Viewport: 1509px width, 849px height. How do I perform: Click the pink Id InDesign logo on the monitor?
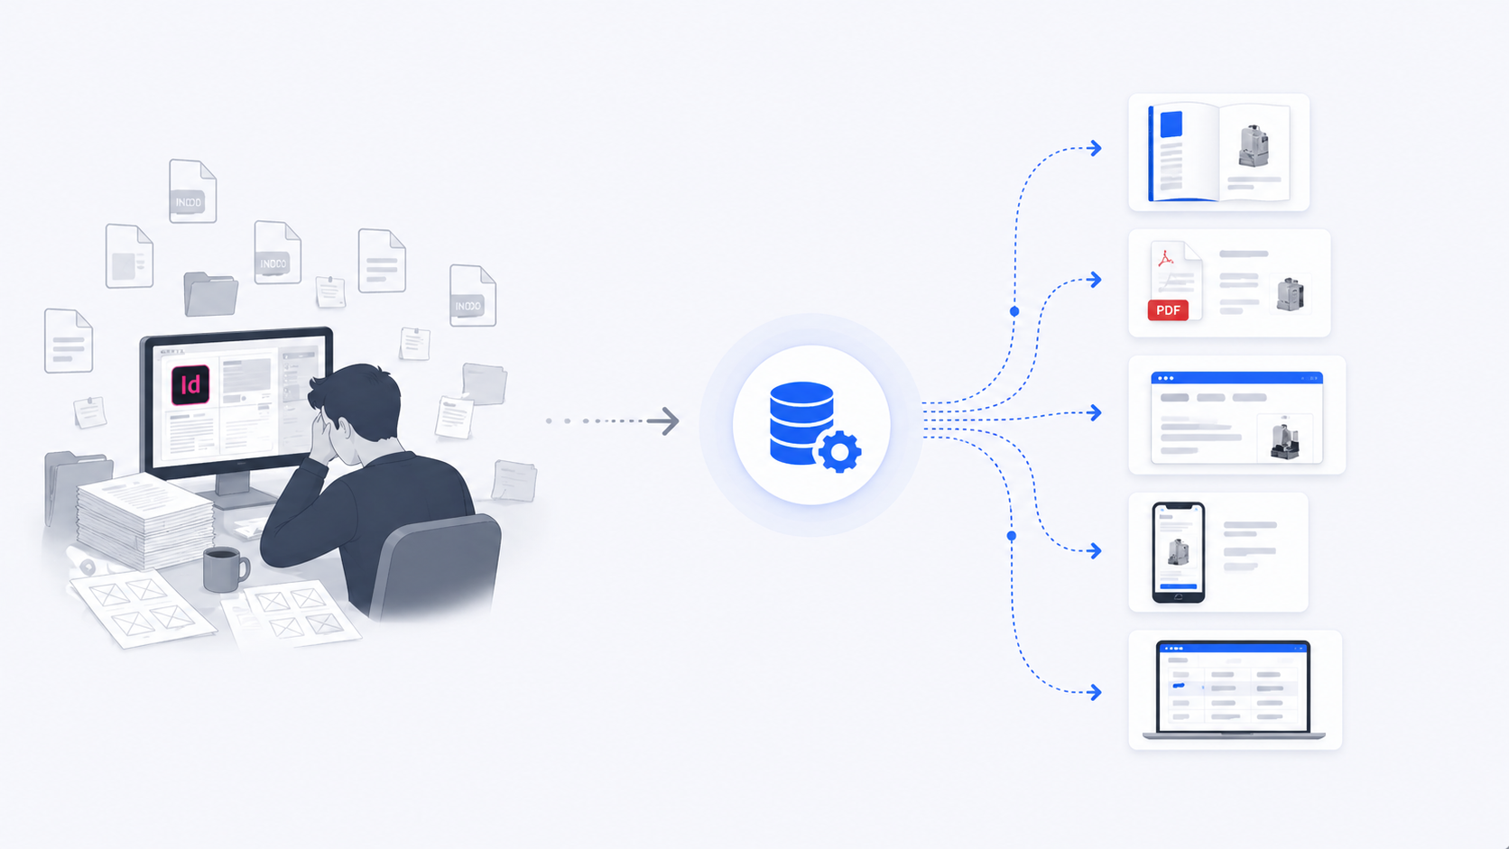coord(190,384)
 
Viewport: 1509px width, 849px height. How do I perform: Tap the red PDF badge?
coord(1168,310)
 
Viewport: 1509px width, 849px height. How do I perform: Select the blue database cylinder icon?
coord(800,422)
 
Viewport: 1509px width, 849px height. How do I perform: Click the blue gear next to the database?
coord(840,451)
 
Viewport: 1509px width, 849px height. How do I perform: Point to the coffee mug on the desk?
coord(223,569)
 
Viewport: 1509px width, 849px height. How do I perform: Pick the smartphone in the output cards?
coord(1178,551)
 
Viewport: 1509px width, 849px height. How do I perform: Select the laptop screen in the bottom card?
coord(1233,688)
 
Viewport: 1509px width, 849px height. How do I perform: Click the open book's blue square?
coord(1171,125)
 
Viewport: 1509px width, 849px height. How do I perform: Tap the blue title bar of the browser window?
coord(1236,378)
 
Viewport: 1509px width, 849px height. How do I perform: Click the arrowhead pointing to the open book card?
coord(1095,148)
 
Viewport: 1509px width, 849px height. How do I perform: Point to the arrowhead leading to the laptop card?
coord(1095,692)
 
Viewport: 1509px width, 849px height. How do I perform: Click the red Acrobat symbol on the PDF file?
coord(1166,259)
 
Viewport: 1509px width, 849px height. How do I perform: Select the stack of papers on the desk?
coord(144,519)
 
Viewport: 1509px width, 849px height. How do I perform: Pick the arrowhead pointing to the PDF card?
coord(1095,280)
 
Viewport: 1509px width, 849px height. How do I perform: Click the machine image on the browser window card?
coord(1284,439)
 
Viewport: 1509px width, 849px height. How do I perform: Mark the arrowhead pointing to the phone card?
coord(1095,550)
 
